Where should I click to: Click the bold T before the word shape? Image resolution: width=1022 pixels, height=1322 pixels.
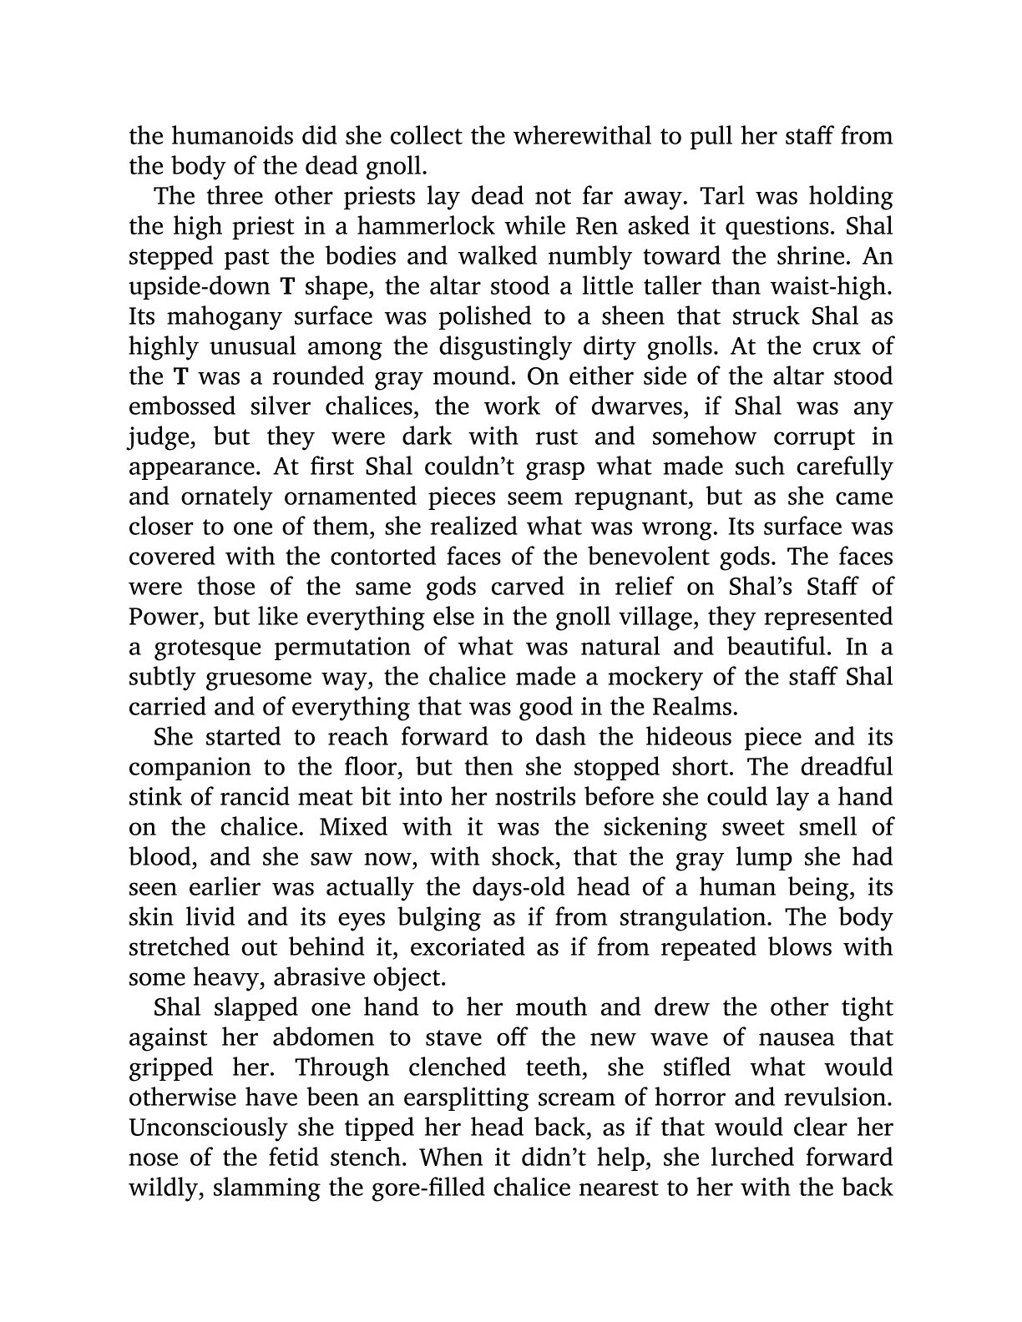pos(286,287)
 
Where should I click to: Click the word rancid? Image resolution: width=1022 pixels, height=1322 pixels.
pos(251,798)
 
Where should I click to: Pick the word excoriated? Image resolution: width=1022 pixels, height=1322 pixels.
pos(472,948)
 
